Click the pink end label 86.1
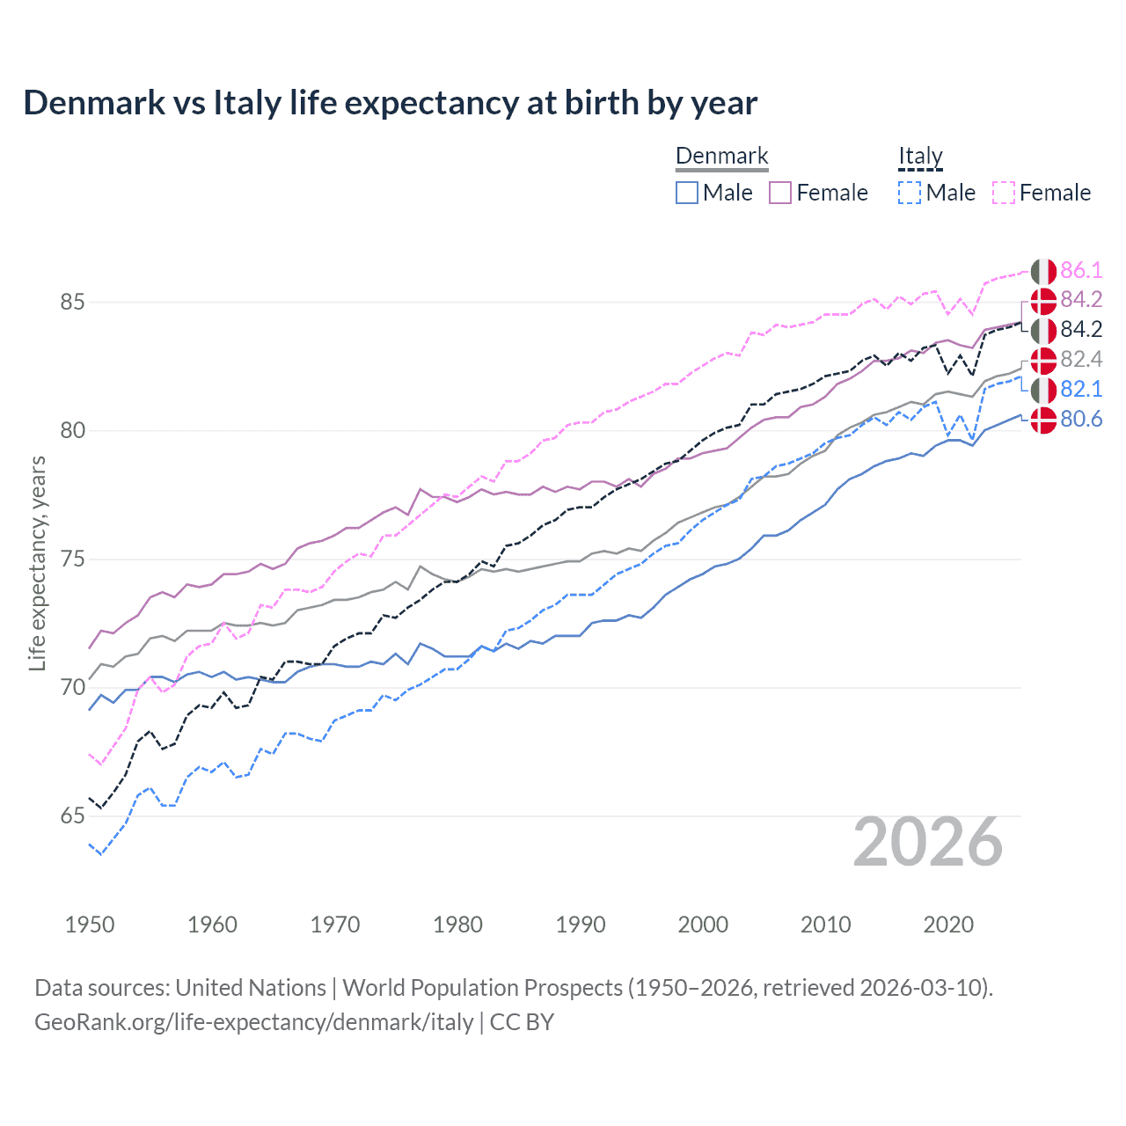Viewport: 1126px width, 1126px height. pyautogui.click(x=1080, y=270)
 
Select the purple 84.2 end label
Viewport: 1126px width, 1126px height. pyautogui.click(x=1080, y=300)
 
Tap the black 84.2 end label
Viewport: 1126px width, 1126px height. pyautogui.click(x=1080, y=330)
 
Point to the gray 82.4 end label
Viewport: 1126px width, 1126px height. pyautogui.click(x=1080, y=360)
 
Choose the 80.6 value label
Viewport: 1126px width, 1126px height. pyautogui.click(x=1080, y=420)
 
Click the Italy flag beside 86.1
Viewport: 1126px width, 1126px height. pyautogui.click(x=1043, y=271)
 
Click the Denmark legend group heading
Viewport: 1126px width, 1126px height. pyautogui.click(x=721, y=157)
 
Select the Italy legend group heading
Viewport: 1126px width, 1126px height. pyautogui.click(x=920, y=157)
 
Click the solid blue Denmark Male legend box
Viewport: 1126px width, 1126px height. pyautogui.click(x=687, y=193)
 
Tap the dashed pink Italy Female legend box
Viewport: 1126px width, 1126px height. pyautogui.click(x=1004, y=193)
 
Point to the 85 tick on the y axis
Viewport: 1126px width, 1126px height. pyautogui.click(x=72, y=303)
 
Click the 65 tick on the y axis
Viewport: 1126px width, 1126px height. pyautogui.click(x=72, y=816)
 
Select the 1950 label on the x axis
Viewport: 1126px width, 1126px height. pyautogui.click(x=90, y=925)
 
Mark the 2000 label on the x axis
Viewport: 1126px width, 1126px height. pyautogui.click(x=703, y=925)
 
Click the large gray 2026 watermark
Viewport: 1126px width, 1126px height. pyautogui.click(x=927, y=843)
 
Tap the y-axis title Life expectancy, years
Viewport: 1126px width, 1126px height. pyautogui.click(x=38, y=563)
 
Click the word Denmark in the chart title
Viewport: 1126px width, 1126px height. pyautogui.click(x=94, y=103)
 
